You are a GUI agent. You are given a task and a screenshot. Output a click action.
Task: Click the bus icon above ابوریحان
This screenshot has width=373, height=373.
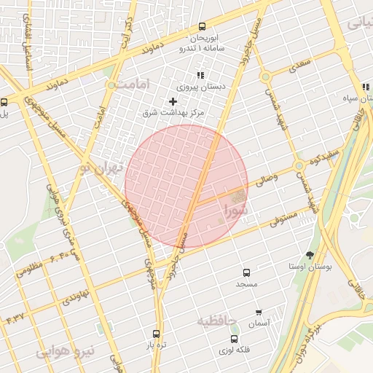202,27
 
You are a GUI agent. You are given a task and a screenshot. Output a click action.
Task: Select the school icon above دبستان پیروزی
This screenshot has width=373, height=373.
200,75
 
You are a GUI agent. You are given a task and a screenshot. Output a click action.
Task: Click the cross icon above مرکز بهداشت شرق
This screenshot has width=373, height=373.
173,101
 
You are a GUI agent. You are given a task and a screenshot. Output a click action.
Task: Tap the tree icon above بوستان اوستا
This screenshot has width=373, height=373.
310,255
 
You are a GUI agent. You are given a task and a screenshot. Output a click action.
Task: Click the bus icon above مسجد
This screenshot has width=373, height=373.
246,272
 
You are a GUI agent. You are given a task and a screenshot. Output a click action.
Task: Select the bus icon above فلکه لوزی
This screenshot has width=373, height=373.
235,339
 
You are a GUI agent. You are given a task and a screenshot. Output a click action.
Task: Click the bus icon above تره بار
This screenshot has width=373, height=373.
155,334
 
